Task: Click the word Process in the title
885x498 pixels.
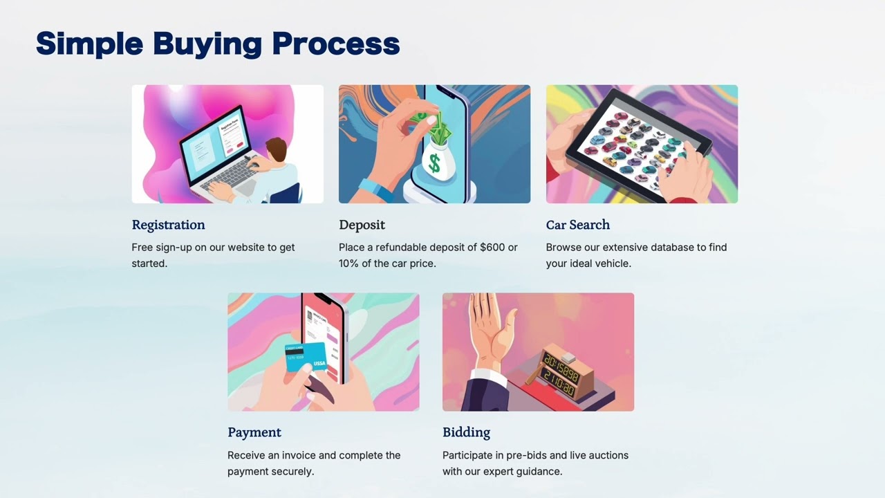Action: coord(336,44)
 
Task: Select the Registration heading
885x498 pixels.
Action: coord(168,225)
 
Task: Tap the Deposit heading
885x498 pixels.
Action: coord(362,225)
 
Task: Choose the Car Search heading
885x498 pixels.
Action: coord(577,225)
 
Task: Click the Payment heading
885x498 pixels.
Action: coord(254,433)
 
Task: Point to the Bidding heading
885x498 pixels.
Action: coord(466,433)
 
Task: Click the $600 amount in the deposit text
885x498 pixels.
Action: coord(492,248)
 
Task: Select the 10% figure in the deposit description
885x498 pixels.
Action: coord(348,264)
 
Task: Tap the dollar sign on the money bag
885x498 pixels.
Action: coord(434,163)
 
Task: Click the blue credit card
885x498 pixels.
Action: coord(306,357)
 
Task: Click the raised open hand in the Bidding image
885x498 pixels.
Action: coord(492,332)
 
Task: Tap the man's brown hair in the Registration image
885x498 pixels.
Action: coord(277,147)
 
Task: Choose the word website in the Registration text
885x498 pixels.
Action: coord(246,248)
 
